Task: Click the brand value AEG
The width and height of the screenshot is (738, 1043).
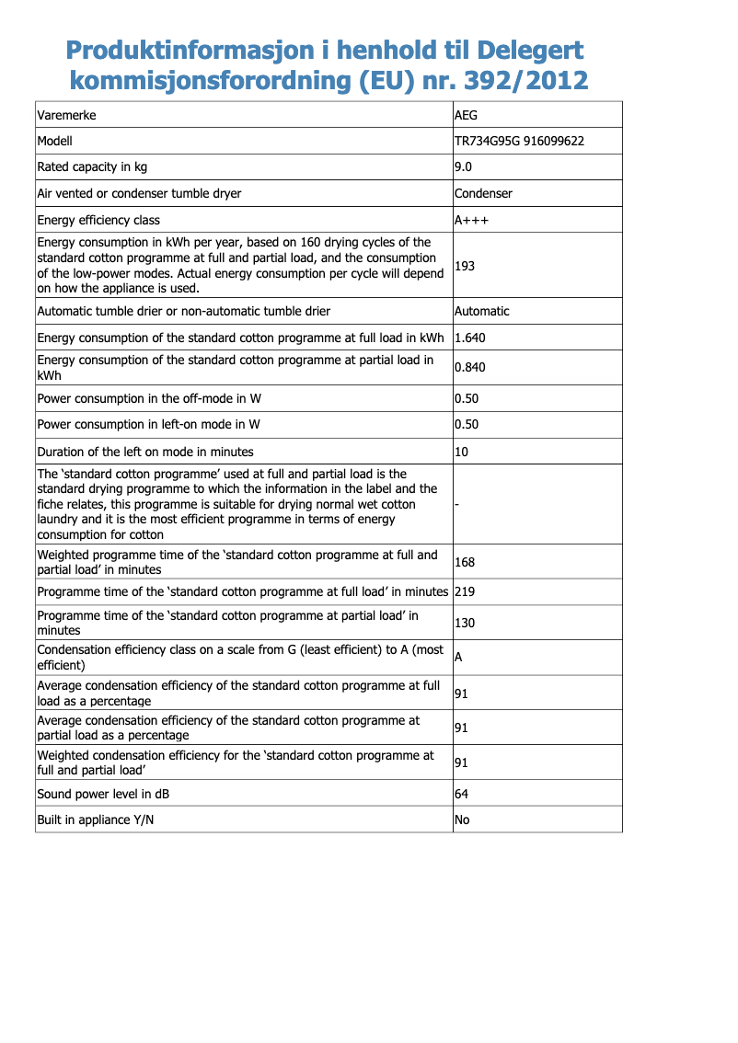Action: pyautogui.click(x=467, y=116)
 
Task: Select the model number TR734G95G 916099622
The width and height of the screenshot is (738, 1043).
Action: pyautogui.click(x=520, y=142)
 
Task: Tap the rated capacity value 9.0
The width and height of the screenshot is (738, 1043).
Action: pyautogui.click(x=464, y=167)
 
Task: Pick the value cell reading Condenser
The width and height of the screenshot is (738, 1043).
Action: pyautogui.click(x=484, y=193)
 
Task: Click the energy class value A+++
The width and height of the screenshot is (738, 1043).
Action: pyautogui.click(x=472, y=220)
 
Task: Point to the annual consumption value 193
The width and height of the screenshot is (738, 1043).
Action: pyautogui.click(x=465, y=266)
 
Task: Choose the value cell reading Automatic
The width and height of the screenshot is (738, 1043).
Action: pyautogui.click(x=482, y=311)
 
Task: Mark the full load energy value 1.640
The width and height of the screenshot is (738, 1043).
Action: pyautogui.click(x=470, y=338)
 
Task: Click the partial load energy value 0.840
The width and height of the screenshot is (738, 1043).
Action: pyautogui.click(x=470, y=367)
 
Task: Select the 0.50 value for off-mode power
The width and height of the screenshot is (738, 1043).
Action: pyautogui.click(x=467, y=399)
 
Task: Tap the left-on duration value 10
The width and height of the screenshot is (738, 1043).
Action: pyautogui.click(x=462, y=452)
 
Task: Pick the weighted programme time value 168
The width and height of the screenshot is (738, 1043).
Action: pyautogui.click(x=465, y=562)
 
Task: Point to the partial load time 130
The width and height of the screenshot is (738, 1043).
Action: pyautogui.click(x=465, y=623)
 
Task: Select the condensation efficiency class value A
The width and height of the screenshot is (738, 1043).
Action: pyautogui.click(x=458, y=658)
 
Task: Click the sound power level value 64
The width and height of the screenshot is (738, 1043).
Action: pyautogui.click(x=462, y=794)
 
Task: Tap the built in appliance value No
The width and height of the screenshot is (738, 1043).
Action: pyautogui.click(x=462, y=819)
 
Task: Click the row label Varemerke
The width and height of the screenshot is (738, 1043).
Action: pyautogui.click(x=66, y=116)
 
